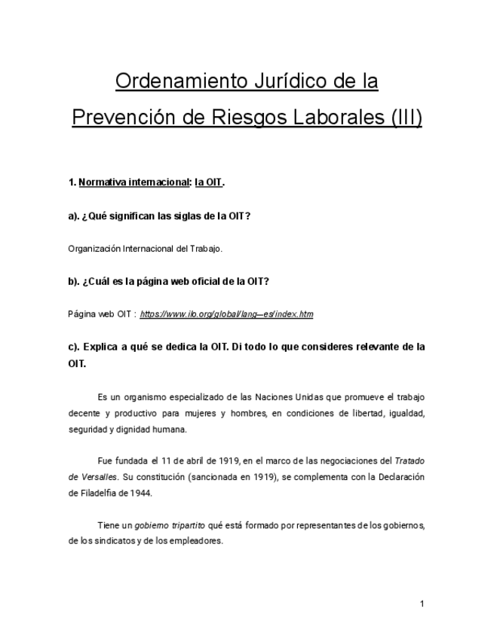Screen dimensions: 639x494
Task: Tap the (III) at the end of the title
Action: (405, 118)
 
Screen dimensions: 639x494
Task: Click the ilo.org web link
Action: (226, 314)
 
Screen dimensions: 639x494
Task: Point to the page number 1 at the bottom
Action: (422, 604)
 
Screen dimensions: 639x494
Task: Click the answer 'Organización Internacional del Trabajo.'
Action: (146, 249)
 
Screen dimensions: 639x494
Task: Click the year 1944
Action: (140, 494)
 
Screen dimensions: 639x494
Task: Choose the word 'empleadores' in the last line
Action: (198, 541)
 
